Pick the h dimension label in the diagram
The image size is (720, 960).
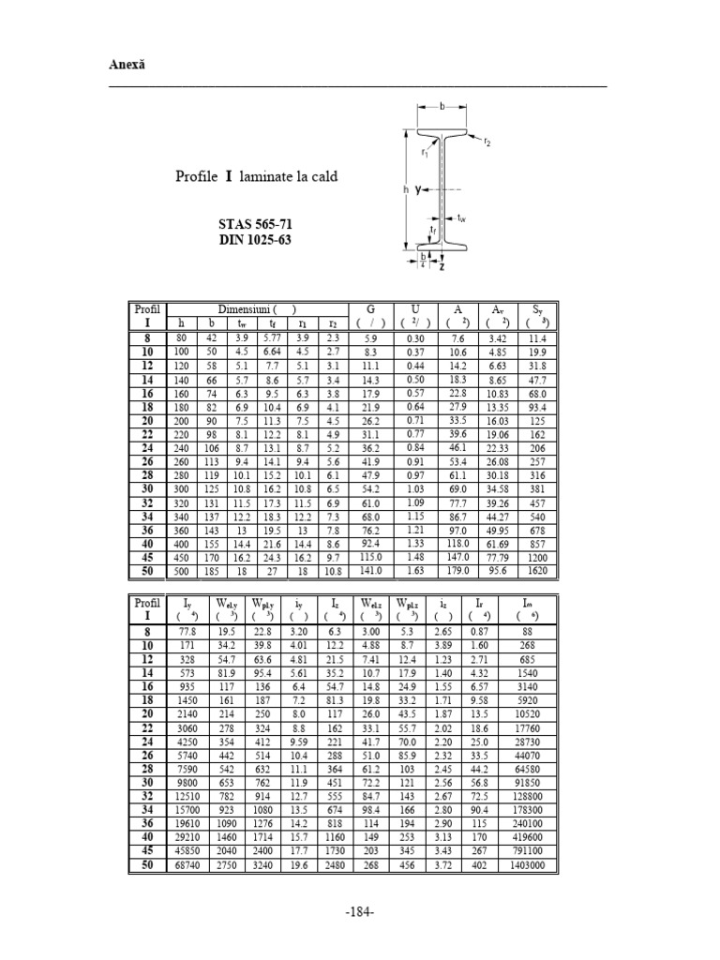(406, 189)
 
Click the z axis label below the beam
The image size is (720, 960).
(441, 266)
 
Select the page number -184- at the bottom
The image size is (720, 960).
(360, 911)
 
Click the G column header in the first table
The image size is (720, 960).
(370, 308)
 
